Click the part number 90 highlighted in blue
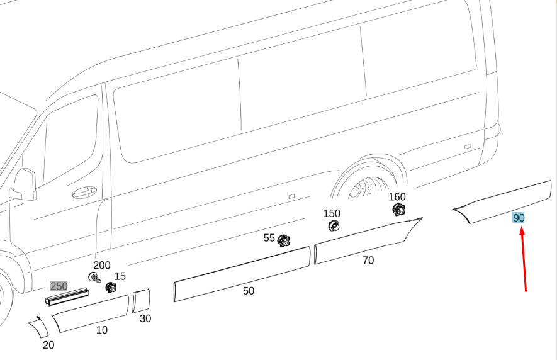point(519,218)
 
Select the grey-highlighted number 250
point(59,286)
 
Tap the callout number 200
point(102,265)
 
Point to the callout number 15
point(120,276)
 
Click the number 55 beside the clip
point(269,238)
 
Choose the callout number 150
point(332,213)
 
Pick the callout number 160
point(397,196)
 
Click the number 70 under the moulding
point(368,261)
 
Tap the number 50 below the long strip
point(249,291)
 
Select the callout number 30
point(145,318)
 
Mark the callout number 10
point(102,330)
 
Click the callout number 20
point(48,345)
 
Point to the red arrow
point(524,260)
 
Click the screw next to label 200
point(94,277)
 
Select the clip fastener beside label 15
point(111,287)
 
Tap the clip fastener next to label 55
point(283,241)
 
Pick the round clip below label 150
point(333,225)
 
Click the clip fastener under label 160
point(398,210)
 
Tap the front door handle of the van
point(84,192)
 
